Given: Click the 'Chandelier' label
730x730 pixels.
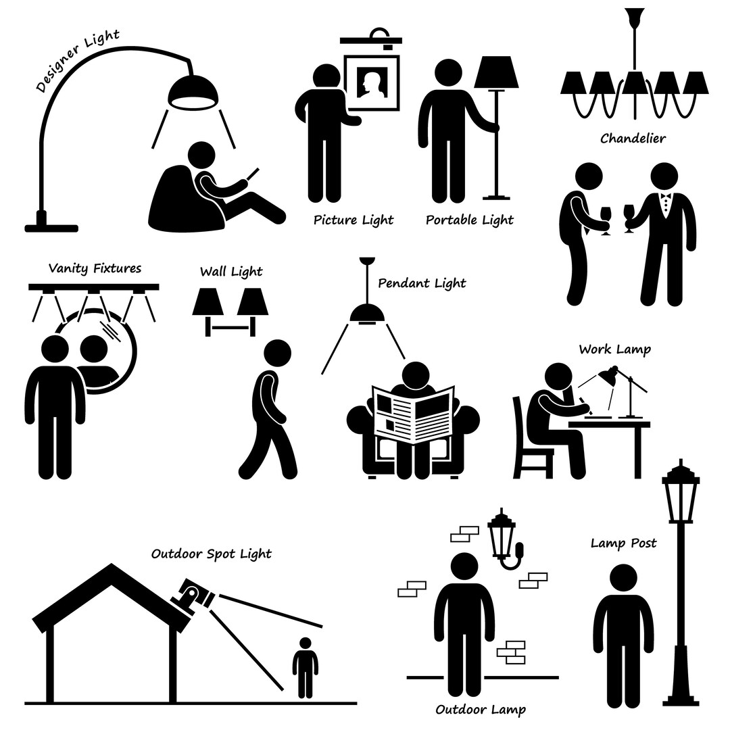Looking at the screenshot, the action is click(x=633, y=139).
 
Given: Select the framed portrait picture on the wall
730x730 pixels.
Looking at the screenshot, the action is click(x=372, y=83).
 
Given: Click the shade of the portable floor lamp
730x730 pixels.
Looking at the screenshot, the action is click(x=496, y=72).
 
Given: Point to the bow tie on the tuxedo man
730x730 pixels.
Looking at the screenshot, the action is click(x=665, y=197).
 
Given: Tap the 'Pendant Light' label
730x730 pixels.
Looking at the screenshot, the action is click(x=422, y=283).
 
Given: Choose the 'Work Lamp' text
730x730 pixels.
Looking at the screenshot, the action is click(x=614, y=349).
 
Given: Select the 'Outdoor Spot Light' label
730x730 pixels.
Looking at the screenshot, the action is click(x=212, y=554).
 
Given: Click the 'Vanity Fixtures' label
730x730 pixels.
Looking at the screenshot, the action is click(x=95, y=268).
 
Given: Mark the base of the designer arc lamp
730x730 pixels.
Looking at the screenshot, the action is click(x=51, y=225).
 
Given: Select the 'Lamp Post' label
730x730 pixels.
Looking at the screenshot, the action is click(x=623, y=543).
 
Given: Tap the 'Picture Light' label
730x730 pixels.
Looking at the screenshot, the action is click(x=354, y=220).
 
